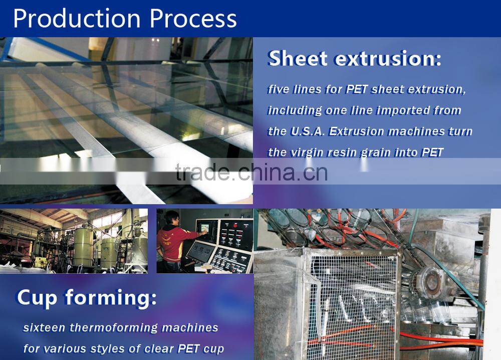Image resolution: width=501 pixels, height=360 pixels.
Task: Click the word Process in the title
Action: (x=193, y=19)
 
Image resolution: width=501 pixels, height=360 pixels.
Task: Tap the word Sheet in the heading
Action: (x=298, y=59)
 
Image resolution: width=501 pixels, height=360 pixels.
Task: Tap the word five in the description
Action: (x=279, y=89)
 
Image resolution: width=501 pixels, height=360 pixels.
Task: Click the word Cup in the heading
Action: (x=37, y=298)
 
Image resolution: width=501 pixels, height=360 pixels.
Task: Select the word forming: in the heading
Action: (x=111, y=298)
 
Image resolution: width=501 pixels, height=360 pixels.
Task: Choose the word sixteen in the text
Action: (x=44, y=327)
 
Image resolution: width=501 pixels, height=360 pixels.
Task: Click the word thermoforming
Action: (x=114, y=328)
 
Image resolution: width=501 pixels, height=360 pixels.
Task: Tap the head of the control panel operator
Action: (x=172, y=218)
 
